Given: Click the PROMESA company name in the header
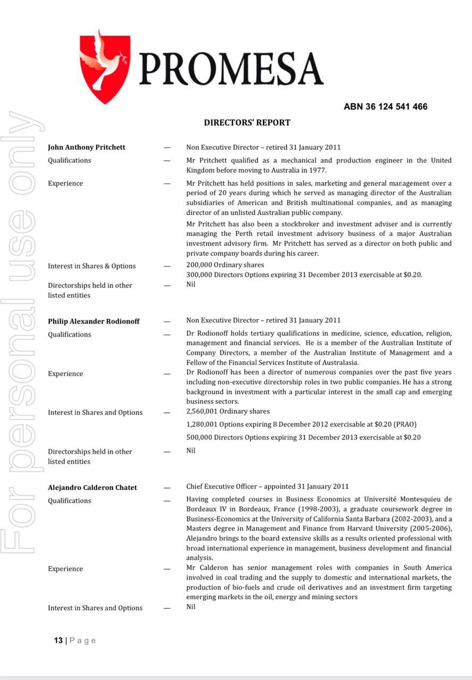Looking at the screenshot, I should tap(231, 70).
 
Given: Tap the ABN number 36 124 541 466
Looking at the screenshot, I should tap(385, 107).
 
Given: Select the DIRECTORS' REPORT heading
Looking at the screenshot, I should tap(247, 123).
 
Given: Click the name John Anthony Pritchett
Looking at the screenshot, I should tap(87, 147).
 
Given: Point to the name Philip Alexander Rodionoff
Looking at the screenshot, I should tap(94, 321).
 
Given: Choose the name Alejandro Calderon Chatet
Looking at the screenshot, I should tap(92, 488).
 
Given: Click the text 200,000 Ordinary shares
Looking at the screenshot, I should tap(225, 265).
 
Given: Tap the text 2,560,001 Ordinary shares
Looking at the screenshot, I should tap(227, 412).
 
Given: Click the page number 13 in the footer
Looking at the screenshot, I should tap(58, 640).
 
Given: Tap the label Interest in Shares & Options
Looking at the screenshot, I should tap(91, 266).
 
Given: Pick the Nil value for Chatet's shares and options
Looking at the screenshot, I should tap(191, 607).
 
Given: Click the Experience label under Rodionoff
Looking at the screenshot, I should tap(65, 374).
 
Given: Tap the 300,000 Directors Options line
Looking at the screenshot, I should tap(304, 275).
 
